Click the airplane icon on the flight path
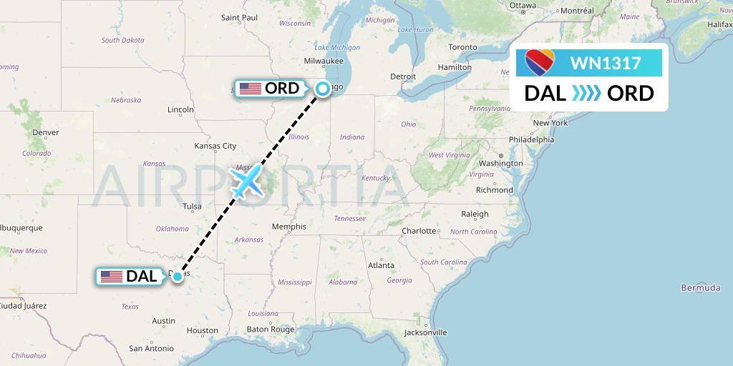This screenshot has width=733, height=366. (x=246, y=182)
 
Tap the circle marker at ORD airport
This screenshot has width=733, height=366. (x=323, y=89)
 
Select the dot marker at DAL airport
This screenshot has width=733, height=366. (x=178, y=276)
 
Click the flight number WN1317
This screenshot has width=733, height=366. (x=605, y=63)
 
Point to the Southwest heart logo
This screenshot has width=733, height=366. (x=539, y=63)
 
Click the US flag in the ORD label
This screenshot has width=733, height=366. (x=250, y=89)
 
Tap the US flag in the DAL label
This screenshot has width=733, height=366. (x=111, y=276)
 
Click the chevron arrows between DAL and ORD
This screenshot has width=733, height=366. (x=587, y=94)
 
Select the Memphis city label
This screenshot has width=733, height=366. (x=289, y=227)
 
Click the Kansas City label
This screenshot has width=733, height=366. (x=215, y=146)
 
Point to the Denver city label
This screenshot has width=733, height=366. (x=45, y=132)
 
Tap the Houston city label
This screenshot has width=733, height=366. (x=202, y=330)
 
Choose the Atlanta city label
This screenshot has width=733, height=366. (x=381, y=265)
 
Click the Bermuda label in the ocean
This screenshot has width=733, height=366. (x=701, y=287)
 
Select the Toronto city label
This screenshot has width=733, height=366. (x=462, y=47)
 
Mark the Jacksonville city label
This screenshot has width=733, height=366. (x=425, y=332)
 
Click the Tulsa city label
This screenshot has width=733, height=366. (x=192, y=207)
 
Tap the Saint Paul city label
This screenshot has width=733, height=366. (x=239, y=17)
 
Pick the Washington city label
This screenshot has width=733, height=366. (x=501, y=163)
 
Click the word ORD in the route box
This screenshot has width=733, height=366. (x=630, y=94)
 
